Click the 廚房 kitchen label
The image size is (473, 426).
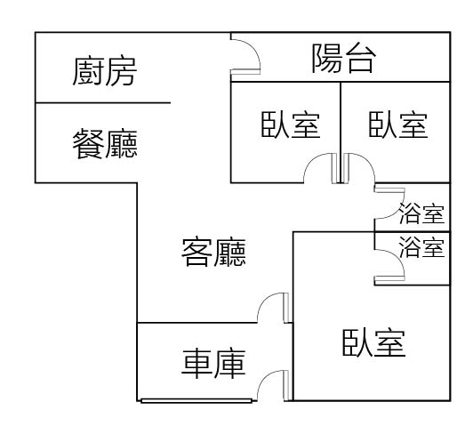105,71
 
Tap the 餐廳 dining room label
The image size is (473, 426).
105,143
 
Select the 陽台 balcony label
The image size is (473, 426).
343,58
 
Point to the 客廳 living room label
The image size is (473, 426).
213,253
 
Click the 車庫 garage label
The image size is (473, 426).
213,364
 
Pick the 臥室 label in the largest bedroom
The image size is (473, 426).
373,343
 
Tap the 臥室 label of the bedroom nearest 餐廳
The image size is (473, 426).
290,125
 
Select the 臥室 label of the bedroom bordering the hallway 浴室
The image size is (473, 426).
398,125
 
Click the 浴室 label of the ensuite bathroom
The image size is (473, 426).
421,247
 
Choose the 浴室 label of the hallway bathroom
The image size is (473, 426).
421,213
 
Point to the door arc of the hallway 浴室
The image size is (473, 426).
397,211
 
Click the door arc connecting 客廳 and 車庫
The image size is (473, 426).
265,301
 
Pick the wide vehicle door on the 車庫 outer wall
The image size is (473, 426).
196,401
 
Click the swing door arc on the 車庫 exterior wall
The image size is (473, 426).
265,378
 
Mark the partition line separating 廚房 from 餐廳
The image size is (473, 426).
103,103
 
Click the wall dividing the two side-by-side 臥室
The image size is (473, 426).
341,133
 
